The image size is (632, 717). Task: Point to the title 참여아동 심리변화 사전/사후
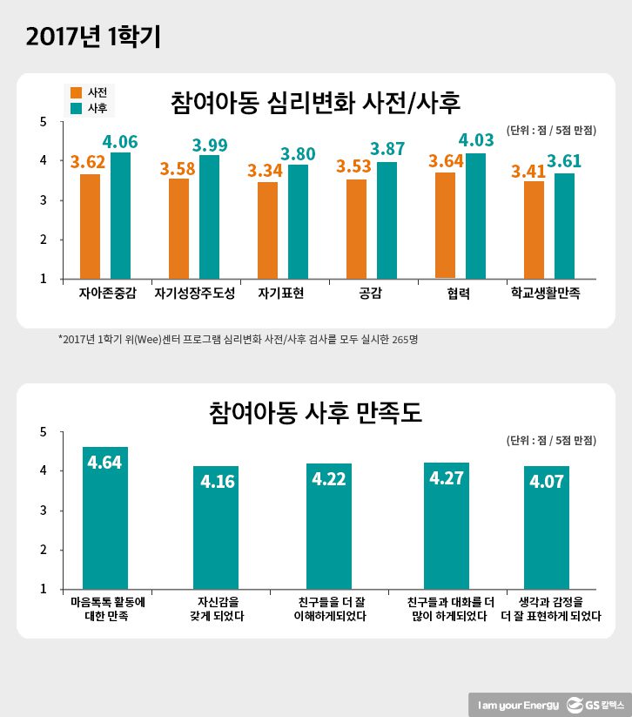coord(316,103)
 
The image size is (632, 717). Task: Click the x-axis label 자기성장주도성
coord(195,294)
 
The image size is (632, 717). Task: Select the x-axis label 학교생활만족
coord(546,294)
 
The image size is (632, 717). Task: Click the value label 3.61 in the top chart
coord(563,161)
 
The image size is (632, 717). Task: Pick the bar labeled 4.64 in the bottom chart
coord(104,518)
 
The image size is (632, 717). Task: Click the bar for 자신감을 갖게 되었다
coord(217,527)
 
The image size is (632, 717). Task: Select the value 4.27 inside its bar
coord(446,478)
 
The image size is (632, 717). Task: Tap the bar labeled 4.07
coord(546,527)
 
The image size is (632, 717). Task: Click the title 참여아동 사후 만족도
coord(316,412)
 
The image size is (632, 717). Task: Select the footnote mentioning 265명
coord(238,339)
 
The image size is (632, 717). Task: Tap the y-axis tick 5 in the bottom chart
coord(44,431)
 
